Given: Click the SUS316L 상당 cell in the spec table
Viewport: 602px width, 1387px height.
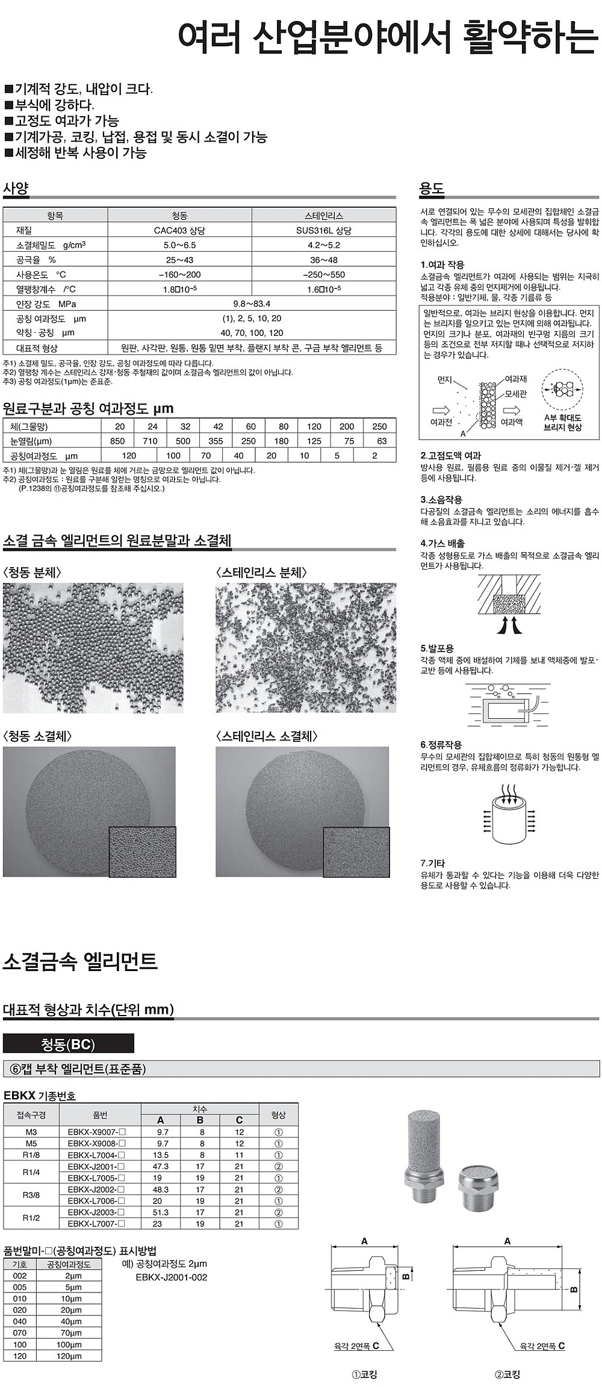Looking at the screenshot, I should coord(324,231).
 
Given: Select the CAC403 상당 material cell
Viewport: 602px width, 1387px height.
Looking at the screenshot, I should coord(179,231).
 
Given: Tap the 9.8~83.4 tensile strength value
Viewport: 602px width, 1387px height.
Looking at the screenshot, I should coord(252,304).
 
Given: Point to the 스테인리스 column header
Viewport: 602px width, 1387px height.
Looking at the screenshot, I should coord(324,216).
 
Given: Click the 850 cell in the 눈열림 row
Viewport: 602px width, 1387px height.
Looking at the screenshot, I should coord(117,441).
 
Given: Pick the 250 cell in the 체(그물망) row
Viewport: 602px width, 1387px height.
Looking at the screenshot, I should coord(379,426).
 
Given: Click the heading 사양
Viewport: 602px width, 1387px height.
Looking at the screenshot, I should coord(16,188).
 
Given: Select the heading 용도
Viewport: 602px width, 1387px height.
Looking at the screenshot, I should coord(432,188).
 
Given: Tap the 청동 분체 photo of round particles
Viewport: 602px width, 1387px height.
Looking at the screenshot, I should coord(93,648).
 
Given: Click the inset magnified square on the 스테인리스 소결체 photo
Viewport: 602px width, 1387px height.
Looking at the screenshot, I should coord(356,851).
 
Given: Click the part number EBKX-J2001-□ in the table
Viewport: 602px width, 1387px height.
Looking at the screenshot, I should coord(97,1166).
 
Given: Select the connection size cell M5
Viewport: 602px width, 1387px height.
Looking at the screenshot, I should coord(31,1143).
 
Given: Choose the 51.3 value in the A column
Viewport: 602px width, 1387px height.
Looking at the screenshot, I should coord(161,1212).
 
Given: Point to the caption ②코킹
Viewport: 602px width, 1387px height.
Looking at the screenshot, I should coord(507,1374).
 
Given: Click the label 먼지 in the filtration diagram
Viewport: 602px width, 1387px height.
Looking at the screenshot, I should coord(444,380).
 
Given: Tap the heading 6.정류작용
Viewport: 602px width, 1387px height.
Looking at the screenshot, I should coord(441,745).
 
